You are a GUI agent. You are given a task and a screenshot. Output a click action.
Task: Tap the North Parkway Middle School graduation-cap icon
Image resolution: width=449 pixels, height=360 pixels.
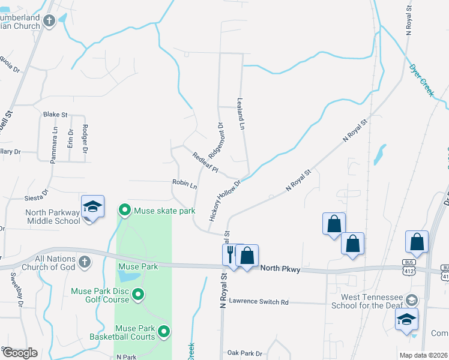[93, 207]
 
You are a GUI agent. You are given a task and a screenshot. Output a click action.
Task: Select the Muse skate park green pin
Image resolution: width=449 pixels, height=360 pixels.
[125, 210]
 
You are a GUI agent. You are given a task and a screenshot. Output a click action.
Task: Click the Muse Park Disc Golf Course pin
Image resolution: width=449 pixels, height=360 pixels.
[138, 294]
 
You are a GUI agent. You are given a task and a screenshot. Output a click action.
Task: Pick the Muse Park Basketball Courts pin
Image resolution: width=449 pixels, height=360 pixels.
[163, 331]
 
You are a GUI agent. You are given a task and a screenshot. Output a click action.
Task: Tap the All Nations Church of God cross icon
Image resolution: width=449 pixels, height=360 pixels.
[85, 262]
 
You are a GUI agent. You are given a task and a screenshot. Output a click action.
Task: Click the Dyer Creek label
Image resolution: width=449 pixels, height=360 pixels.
[421, 80]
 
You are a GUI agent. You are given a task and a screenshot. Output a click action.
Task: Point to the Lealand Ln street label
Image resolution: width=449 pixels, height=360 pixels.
[241, 114]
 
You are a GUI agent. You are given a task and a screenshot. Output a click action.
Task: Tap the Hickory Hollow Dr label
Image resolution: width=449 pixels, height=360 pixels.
[224, 200]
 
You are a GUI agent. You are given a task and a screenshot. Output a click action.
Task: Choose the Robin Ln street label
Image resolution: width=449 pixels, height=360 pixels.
[184, 184]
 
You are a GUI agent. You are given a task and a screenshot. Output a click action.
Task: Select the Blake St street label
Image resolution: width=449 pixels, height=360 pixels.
[55, 114]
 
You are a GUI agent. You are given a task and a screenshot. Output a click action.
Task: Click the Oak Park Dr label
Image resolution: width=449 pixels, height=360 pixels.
[245, 353]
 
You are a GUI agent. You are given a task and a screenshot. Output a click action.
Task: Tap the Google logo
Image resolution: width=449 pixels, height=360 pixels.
[19, 353]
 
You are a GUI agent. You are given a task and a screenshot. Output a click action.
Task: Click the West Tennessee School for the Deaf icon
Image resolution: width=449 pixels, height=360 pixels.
[411, 299]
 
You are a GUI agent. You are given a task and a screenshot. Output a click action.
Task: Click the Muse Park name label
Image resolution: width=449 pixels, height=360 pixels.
[138, 266]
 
